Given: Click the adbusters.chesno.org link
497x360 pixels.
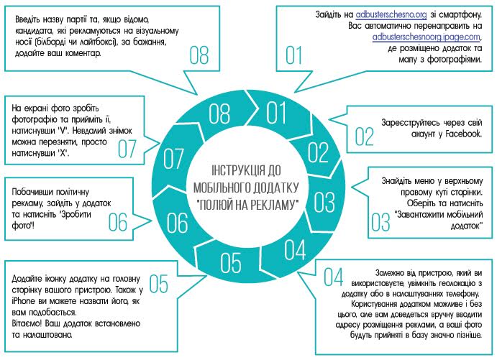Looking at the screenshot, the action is click(391, 14).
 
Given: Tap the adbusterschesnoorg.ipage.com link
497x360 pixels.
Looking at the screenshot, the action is click(427, 37).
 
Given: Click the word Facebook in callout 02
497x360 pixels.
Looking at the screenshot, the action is click(463, 134).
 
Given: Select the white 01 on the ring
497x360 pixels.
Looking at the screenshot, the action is click(275, 113).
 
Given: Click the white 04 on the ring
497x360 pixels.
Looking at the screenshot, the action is click(295, 249).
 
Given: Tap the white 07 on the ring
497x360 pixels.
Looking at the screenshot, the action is click(173, 159).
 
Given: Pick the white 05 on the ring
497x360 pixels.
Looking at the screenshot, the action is click(230, 263).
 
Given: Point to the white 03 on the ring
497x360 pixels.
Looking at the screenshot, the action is click(324, 203).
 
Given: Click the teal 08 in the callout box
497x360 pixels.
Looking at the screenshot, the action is click(199, 55).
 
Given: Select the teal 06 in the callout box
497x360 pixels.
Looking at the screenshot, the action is click(117, 222).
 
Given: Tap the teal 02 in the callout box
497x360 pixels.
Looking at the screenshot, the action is click(364, 137).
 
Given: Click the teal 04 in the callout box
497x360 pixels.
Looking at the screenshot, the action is click(334, 277).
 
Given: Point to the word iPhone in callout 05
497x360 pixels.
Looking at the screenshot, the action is click(23, 301).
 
